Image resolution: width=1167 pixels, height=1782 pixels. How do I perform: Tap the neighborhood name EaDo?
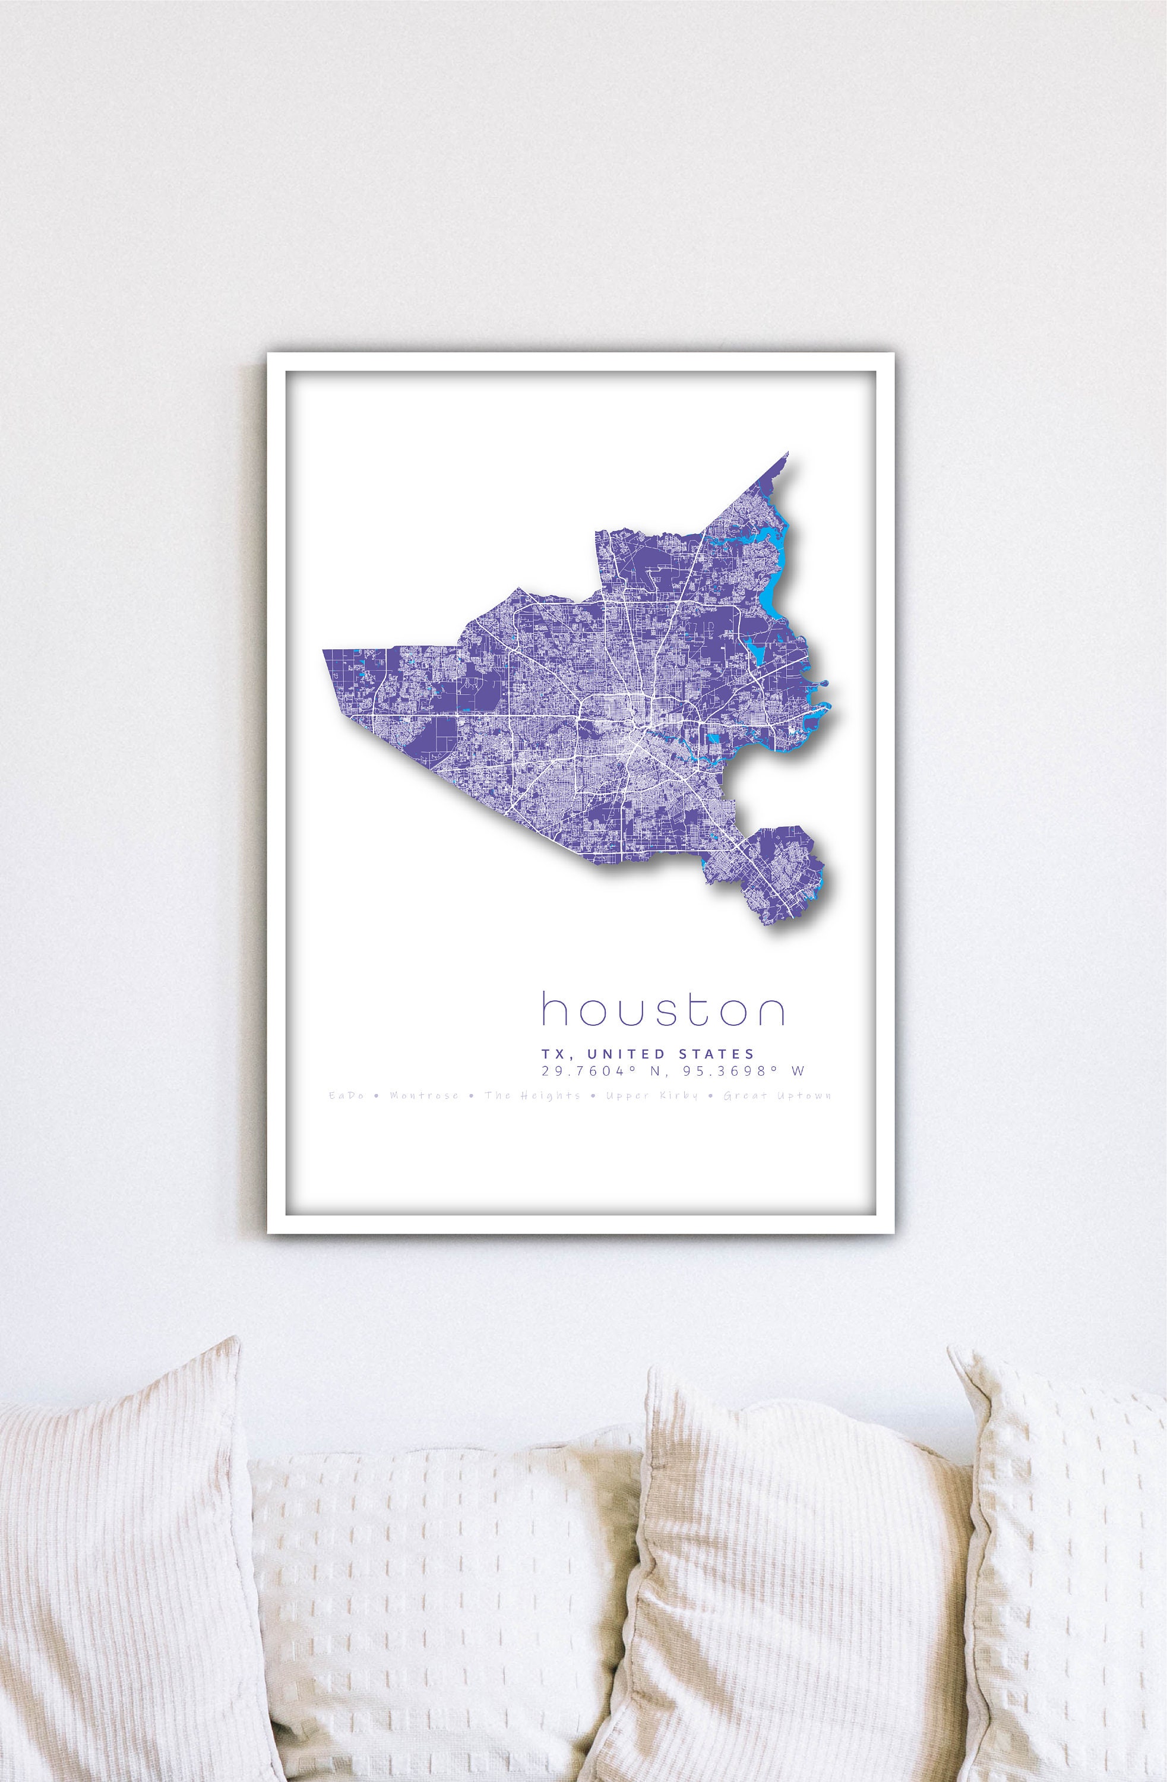coord(346,1096)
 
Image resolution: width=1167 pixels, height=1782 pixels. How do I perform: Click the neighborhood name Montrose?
coord(423,1096)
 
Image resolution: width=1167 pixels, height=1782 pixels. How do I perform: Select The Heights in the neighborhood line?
coord(532,1096)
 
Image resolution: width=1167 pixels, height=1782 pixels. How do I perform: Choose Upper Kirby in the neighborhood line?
coord(652,1096)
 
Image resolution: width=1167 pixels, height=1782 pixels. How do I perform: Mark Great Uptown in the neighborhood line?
coord(777,1096)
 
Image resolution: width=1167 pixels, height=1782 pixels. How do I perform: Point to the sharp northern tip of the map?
coord(788,454)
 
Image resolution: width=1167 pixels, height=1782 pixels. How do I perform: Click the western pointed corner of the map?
coord(327,652)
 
